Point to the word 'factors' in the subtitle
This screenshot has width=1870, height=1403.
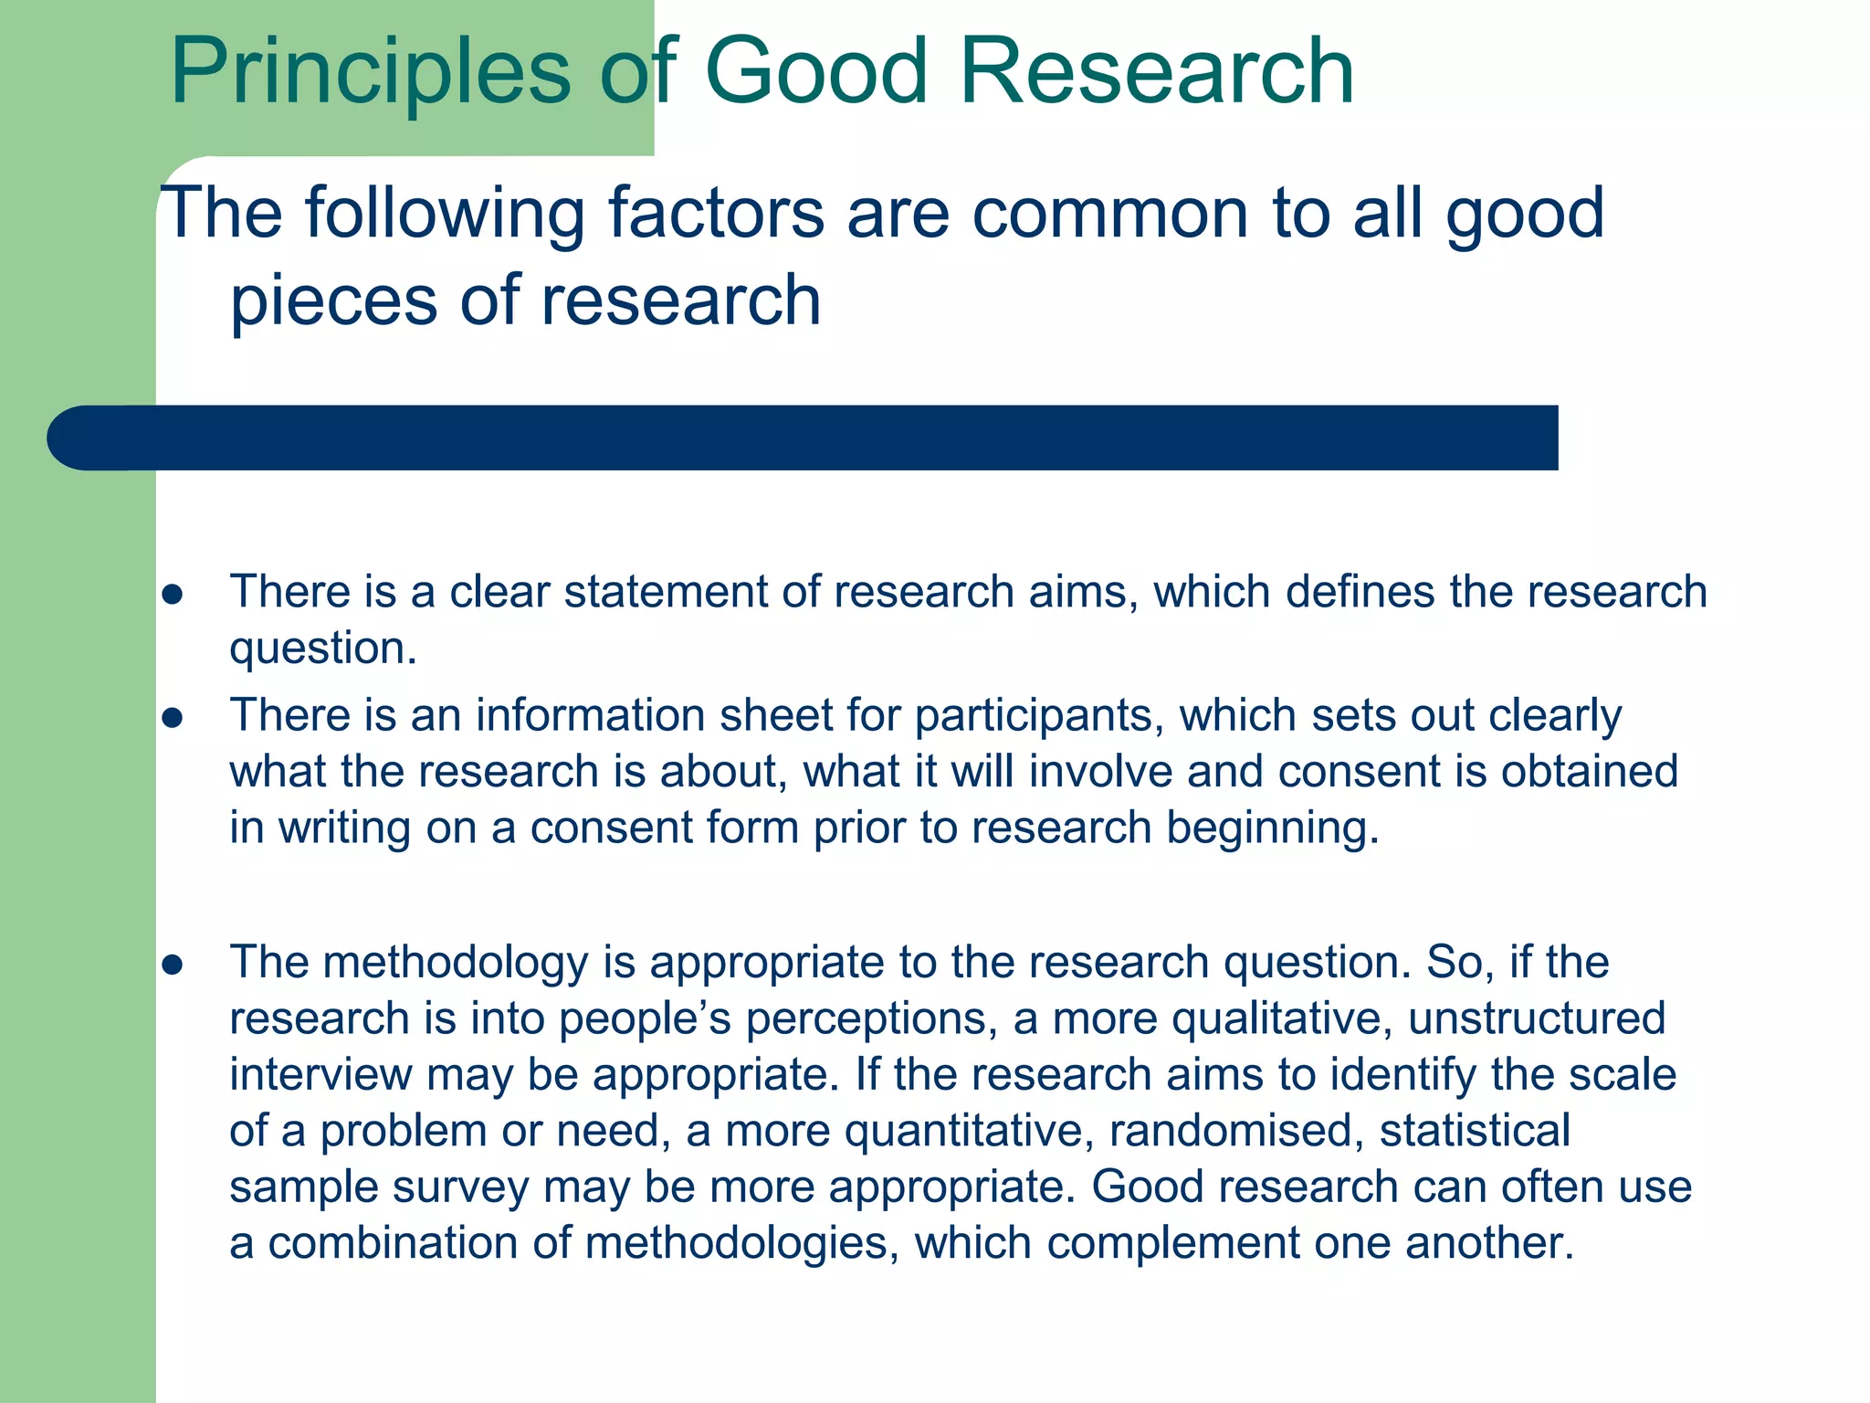(x=716, y=214)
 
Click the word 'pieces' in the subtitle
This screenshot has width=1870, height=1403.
(x=333, y=302)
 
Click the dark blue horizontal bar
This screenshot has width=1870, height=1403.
(x=804, y=438)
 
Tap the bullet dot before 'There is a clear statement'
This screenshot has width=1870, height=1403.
(x=173, y=596)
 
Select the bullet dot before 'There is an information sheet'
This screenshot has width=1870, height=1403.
(x=173, y=719)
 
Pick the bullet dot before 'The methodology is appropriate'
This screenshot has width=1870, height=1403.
(x=173, y=965)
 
